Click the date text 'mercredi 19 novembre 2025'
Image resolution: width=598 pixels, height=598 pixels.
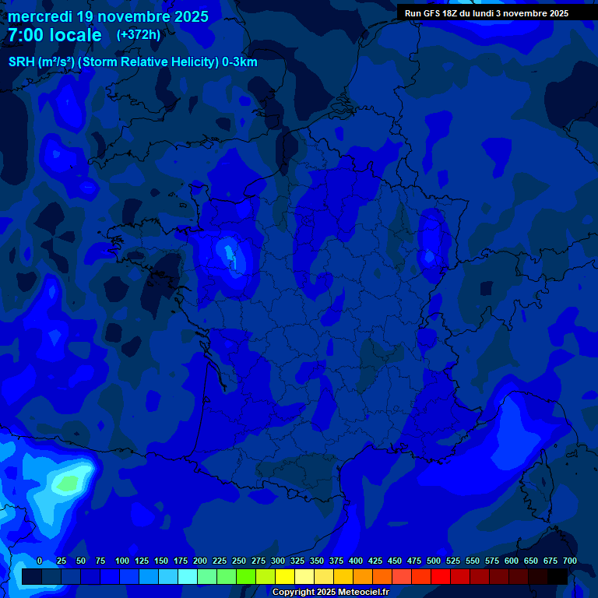click(x=108, y=16)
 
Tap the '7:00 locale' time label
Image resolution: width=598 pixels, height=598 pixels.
click(x=55, y=35)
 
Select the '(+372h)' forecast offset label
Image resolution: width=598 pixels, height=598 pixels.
click(x=139, y=35)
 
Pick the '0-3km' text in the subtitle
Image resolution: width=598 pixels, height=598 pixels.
click(x=240, y=62)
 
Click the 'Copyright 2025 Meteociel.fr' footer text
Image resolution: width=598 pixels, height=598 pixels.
click(x=330, y=593)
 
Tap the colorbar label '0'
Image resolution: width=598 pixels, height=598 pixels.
click(x=40, y=561)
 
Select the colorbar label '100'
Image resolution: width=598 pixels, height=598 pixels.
click(x=122, y=561)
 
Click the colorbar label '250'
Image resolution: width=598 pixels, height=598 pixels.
click(x=239, y=561)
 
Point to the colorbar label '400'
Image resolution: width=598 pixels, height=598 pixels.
click(x=356, y=561)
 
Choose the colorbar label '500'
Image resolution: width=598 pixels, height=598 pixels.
click(x=434, y=561)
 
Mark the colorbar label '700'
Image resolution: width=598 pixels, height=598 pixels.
click(x=570, y=561)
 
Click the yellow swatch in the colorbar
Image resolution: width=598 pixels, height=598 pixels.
click(x=285, y=576)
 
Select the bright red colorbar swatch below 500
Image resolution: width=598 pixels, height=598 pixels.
click(x=441, y=576)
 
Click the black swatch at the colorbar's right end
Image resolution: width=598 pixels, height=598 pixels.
click(x=558, y=576)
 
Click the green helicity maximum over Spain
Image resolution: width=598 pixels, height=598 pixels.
click(x=69, y=484)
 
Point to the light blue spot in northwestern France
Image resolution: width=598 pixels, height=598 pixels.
click(x=228, y=252)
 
